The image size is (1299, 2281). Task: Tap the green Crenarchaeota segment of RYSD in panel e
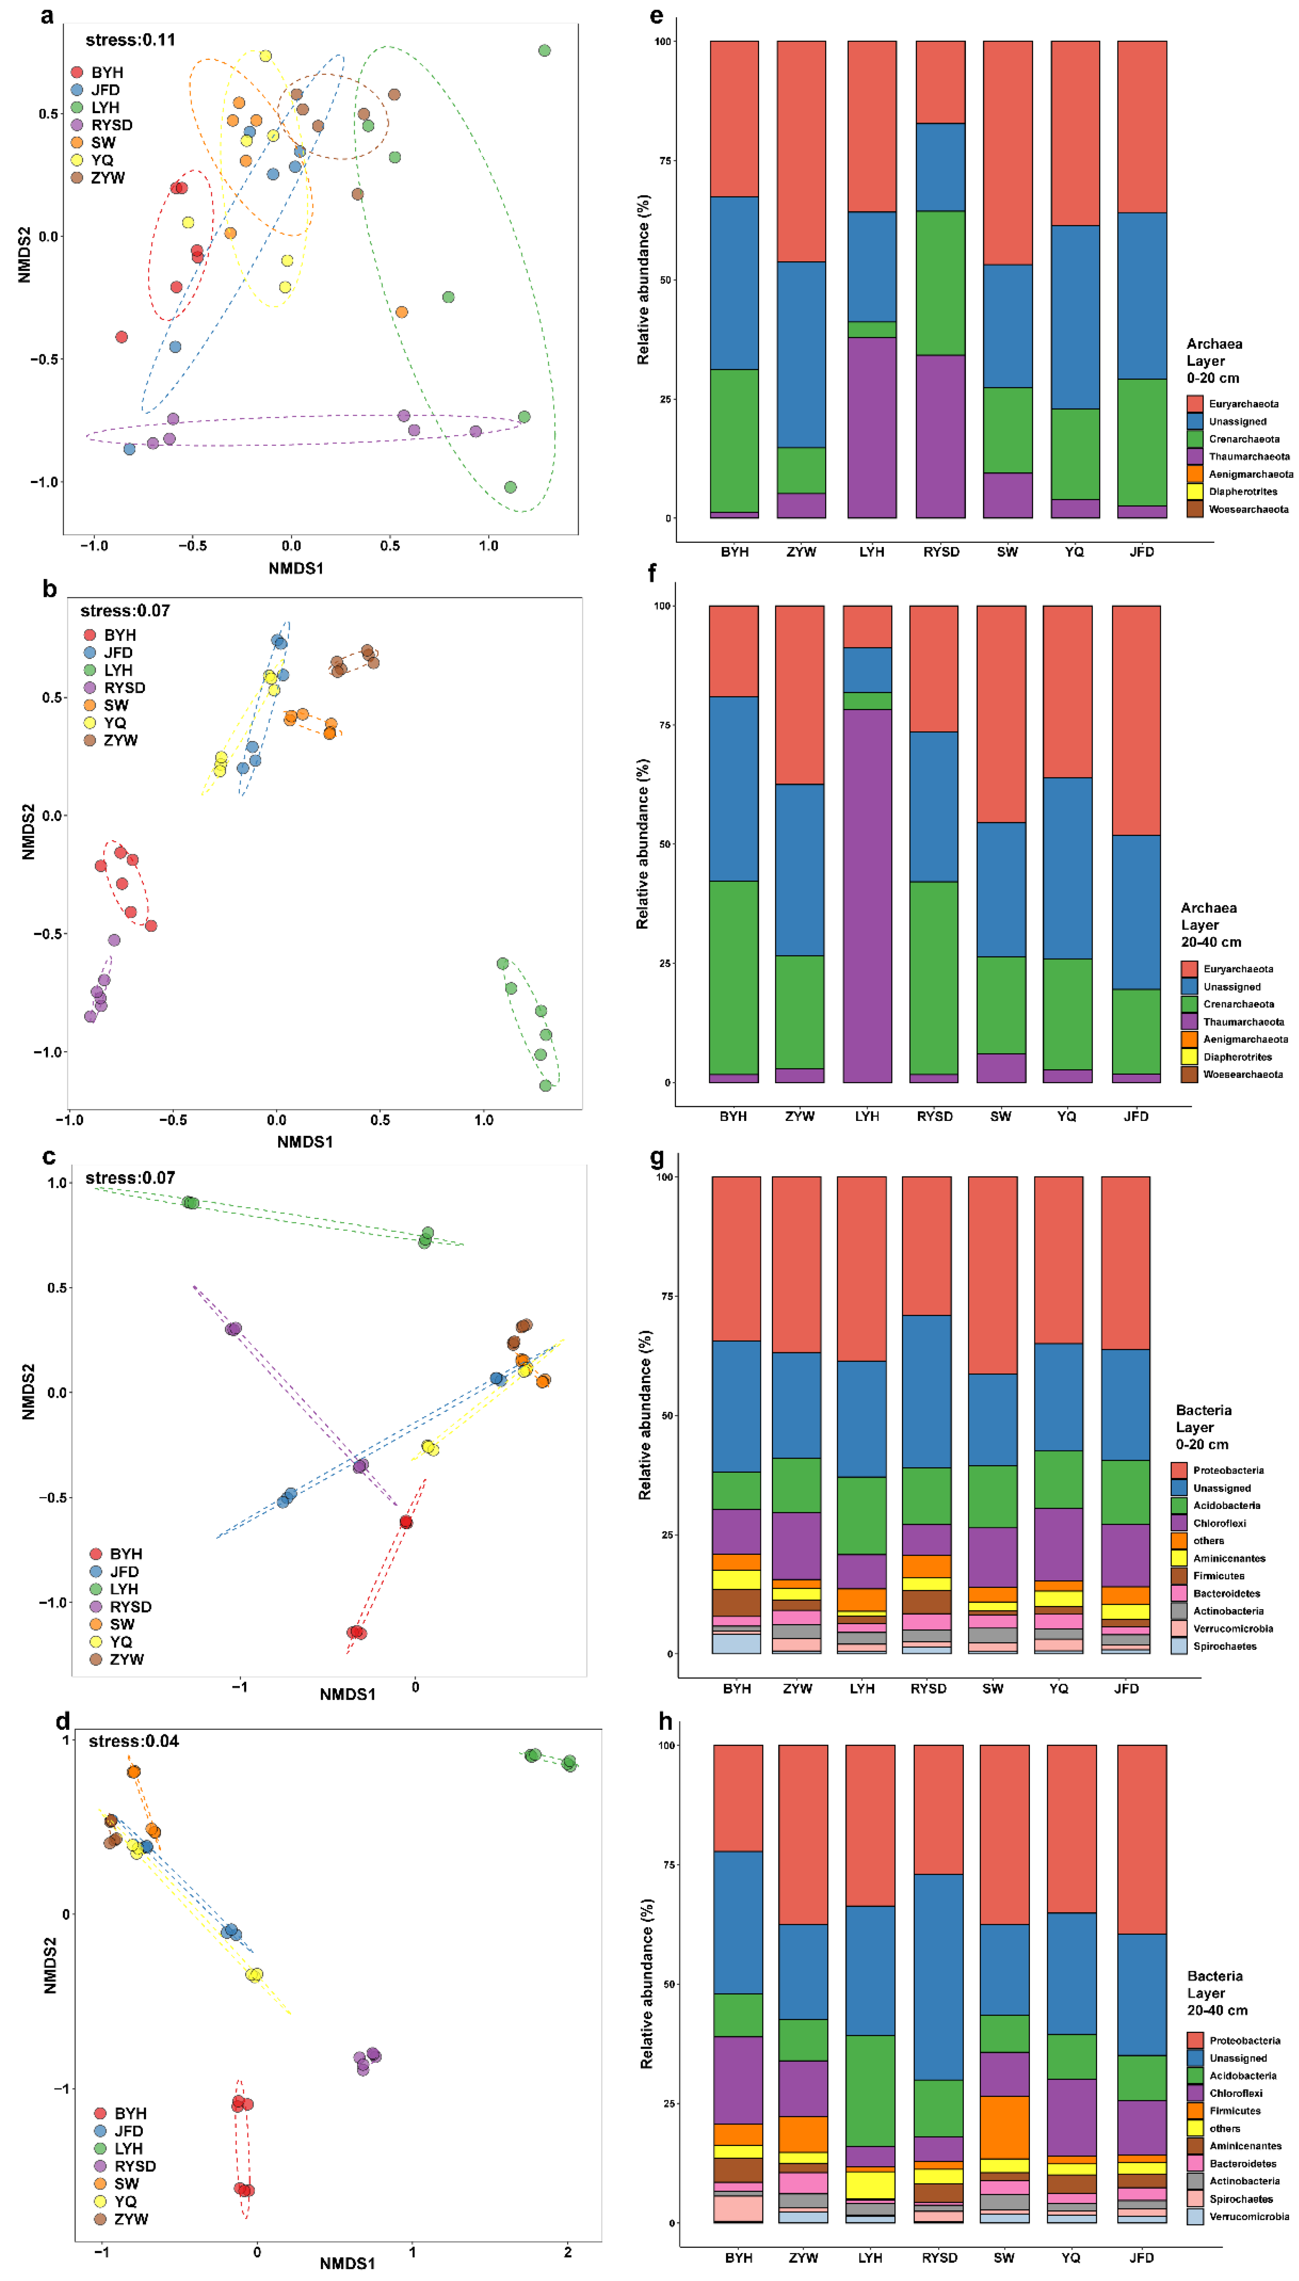coord(940,283)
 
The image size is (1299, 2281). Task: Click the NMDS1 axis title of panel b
coord(304,1142)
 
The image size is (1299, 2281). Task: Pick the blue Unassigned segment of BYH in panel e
coord(734,283)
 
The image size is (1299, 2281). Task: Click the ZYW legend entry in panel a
coord(107,178)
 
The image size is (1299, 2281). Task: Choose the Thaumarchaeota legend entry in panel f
coord(1243,1021)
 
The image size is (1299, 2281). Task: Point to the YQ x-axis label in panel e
coord(1074,551)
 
